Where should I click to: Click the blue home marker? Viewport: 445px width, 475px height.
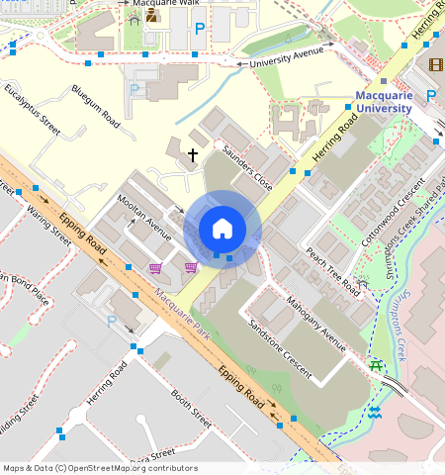[x=222, y=229]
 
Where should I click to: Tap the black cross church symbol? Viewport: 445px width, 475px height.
[x=193, y=154]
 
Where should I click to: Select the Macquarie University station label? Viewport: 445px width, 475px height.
[x=383, y=101]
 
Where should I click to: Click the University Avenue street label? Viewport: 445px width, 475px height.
[x=287, y=60]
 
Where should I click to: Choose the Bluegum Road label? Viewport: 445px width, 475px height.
[x=96, y=106]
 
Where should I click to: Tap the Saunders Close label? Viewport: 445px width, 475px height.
[x=247, y=169]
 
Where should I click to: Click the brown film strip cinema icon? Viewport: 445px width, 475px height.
[x=436, y=65]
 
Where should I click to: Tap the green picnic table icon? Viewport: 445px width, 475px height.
[x=376, y=366]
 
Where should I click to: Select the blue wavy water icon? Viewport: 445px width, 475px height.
[x=374, y=411]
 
